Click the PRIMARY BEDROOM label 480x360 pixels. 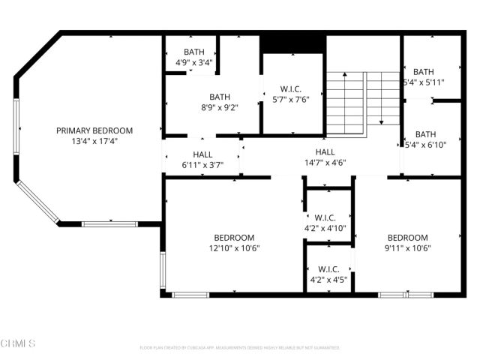point(94,130)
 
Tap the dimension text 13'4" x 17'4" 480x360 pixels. point(94,140)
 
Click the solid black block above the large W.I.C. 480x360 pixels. point(292,43)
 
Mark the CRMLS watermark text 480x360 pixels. point(19,343)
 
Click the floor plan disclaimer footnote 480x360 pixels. point(239,348)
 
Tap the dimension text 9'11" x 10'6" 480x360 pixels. point(407,248)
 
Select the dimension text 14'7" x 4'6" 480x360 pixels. point(325,161)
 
